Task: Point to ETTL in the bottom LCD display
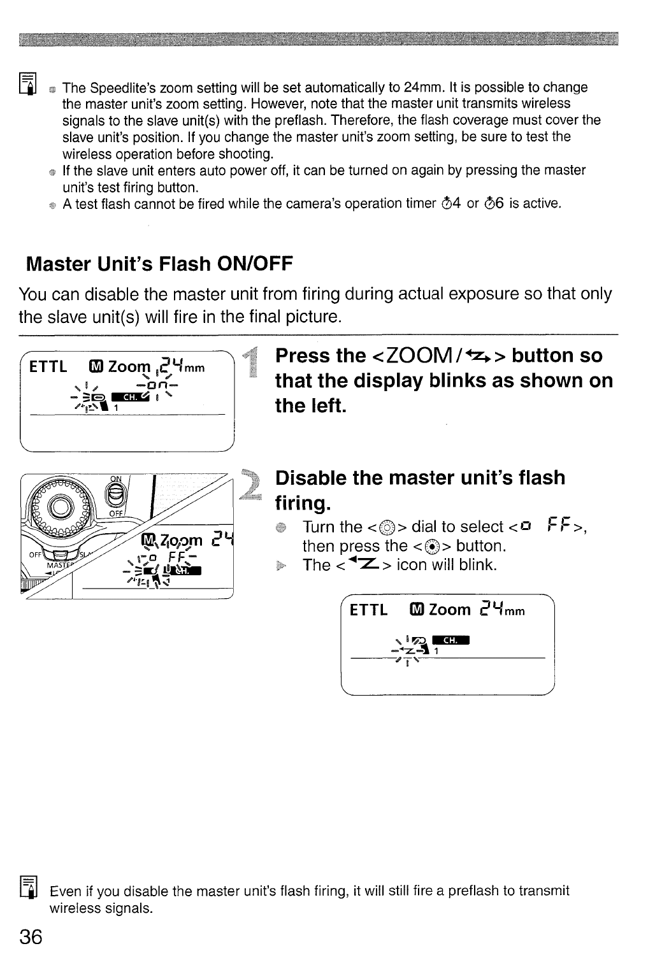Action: pos(369,610)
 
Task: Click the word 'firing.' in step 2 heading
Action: pos(302,503)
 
